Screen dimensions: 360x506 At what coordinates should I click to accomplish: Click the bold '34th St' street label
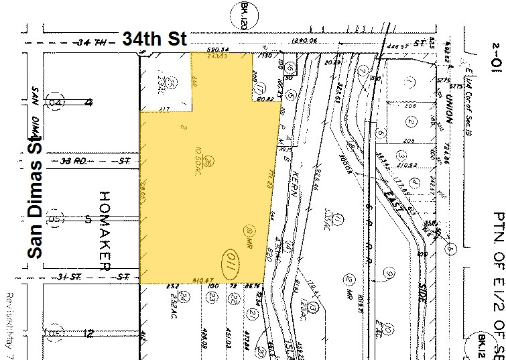[154, 39]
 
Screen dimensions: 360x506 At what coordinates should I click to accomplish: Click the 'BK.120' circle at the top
[244, 12]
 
